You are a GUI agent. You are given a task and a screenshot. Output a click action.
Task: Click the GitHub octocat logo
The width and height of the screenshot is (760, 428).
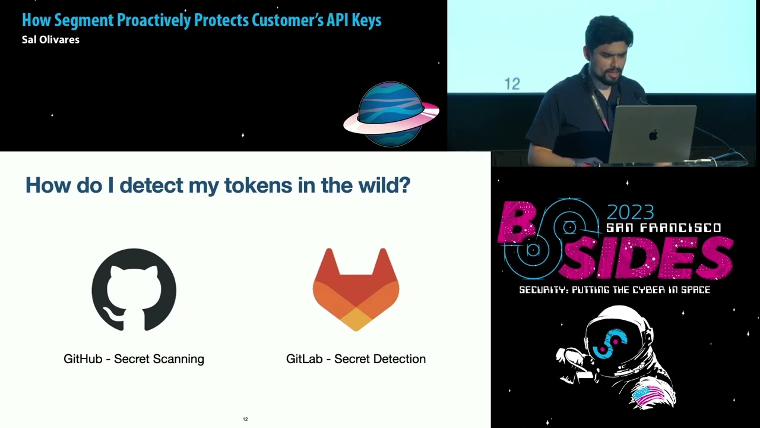tap(134, 289)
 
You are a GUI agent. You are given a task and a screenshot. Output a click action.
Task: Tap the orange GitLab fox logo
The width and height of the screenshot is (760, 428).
tap(356, 289)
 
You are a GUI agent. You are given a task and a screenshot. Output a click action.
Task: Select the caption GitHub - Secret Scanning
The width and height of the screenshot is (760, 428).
tap(134, 359)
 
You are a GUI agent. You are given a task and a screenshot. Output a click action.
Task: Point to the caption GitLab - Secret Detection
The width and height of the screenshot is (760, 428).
tap(356, 359)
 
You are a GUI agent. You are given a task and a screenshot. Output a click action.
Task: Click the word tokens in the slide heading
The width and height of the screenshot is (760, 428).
tap(249, 185)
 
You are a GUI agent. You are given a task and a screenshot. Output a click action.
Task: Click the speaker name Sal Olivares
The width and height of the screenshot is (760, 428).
tap(50, 40)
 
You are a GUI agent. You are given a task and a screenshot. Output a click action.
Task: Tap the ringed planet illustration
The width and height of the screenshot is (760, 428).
tap(391, 114)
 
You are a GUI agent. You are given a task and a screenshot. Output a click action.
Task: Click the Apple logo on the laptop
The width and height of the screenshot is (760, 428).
tap(653, 135)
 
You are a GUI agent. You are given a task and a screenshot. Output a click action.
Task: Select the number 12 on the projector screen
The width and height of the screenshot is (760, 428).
tap(512, 84)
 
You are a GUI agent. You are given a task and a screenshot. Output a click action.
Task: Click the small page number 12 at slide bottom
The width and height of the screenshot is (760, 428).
tap(245, 419)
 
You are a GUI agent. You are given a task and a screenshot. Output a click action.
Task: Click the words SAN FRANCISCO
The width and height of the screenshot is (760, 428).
tap(663, 228)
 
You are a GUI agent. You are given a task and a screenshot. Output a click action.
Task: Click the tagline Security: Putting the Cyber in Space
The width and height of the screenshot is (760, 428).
tap(615, 290)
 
